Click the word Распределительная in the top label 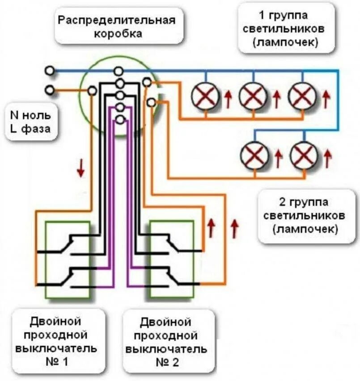pyautogui.click(x=115, y=20)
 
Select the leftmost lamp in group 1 pyautogui.click(x=205, y=96)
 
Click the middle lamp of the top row pyautogui.click(x=253, y=96)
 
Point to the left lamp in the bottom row pyautogui.click(x=254, y=155)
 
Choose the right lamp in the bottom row pyautogui.click(x=304, y=155)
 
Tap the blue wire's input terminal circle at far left pyautogui.click(x=50, y=71)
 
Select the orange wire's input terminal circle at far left pyautogui.click(x=50, y=90)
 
